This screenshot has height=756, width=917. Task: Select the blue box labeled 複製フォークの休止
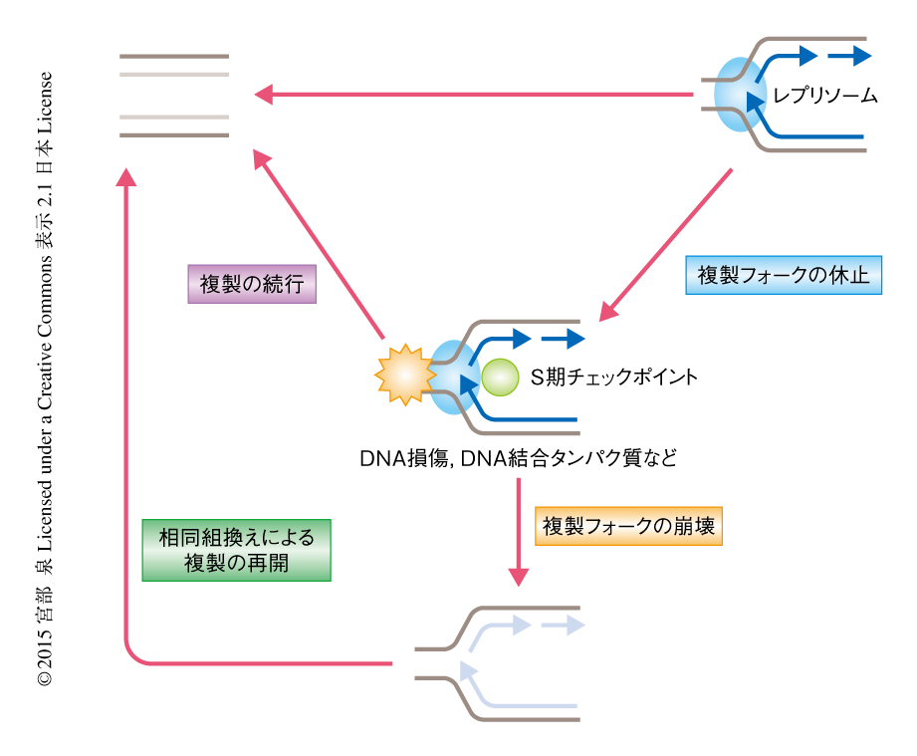click(785, 275)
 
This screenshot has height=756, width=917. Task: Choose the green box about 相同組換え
click(236, 550)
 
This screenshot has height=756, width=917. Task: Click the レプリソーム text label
click(825, 96)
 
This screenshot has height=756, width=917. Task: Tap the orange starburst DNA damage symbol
click(402, 375)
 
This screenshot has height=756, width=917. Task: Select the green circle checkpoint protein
click(500, 377)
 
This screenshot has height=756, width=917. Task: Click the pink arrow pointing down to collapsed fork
click(518, 533)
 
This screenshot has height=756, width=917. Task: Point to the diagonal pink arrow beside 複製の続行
click(319, 244)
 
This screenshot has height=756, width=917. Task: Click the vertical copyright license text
click(45, 378)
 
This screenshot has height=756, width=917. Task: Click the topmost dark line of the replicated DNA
click(174, 56)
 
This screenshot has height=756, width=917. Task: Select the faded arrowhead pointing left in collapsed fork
click(466, 669)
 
